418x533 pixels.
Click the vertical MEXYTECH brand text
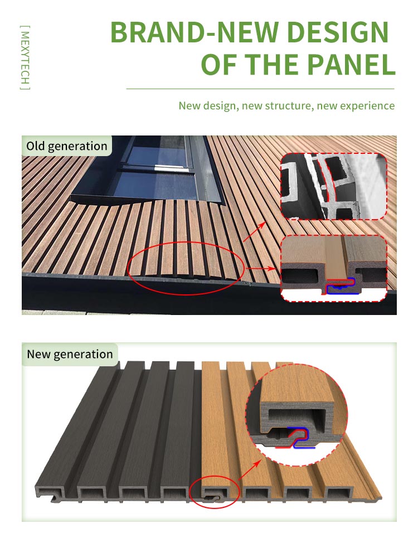[x=25, y=57]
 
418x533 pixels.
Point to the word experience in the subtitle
[x=365, y=106]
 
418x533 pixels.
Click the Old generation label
[x=67, y=147]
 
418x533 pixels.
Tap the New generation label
[x=70, y=354]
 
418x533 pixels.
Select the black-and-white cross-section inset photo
[x=333, y=186]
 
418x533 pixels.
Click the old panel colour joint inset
[x=333, y=268]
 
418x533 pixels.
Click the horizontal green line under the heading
[x=260, y=89]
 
